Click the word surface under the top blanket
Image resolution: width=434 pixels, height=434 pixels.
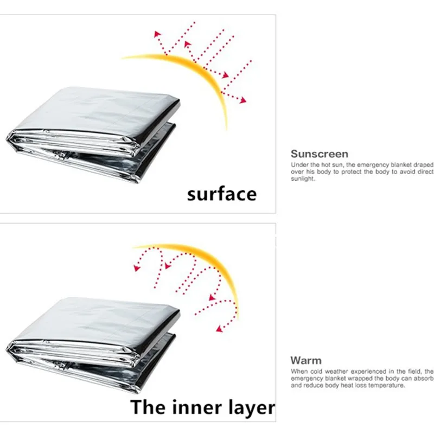point(222,194)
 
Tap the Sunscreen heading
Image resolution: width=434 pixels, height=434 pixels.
point(319,154)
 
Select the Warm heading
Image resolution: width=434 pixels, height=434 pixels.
point(306,360)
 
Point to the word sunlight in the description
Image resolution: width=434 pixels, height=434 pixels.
point(303,178)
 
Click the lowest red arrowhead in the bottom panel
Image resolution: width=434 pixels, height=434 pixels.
point(219,328)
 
